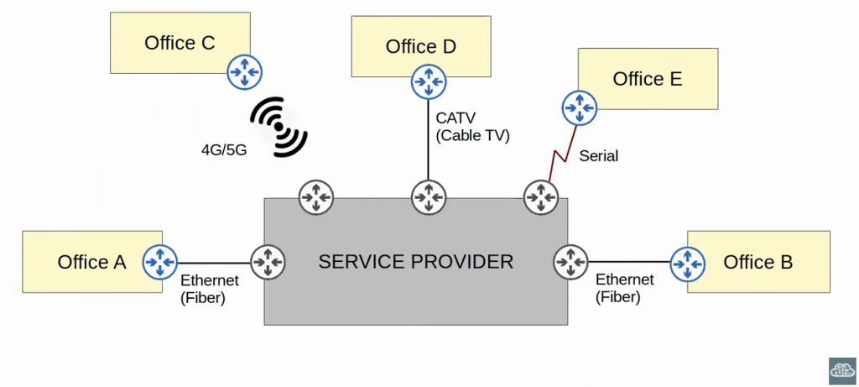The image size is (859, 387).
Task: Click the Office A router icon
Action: coord(159,262)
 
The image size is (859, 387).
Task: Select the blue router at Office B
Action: coord(688,262)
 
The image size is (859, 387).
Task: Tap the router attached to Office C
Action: coord(245,72)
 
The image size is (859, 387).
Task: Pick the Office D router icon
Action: coord(428,81)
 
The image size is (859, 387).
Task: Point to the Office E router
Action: coord(578,107)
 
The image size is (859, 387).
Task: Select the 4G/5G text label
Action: coord(223,150)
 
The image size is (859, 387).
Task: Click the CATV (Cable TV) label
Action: coord(472,127)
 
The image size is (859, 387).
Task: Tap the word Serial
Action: coord(599,156)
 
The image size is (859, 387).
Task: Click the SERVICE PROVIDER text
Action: coord(415,261)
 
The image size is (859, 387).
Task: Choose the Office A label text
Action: coord(91,262)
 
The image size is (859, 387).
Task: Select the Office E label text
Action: coord(648,79)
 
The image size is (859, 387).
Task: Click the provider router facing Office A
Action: coord(268,262)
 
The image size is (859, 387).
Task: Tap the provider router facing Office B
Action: coord(570,262)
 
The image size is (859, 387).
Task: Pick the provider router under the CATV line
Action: coord(428,198)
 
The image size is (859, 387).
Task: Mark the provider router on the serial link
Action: coord(541,198)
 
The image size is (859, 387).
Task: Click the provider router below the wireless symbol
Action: coord(316,198)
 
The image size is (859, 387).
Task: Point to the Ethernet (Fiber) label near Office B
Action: coord(624,288)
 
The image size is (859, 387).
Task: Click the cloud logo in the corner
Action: coord(842,369)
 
